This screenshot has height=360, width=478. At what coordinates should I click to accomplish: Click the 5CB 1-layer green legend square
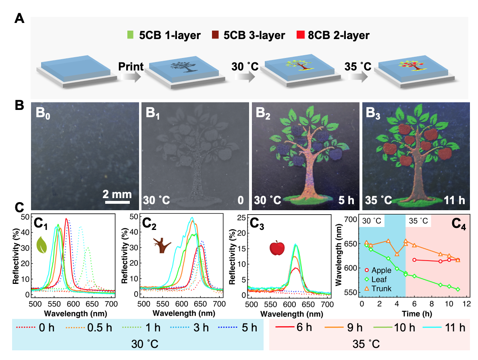(x=129, y=35)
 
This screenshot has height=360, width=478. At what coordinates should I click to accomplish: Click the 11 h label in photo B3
(x=452, y=200)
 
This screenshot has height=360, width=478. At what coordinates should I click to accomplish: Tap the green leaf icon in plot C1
(x=42, y=244)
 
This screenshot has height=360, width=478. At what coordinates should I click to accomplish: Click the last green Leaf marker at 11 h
(x=458, y=289)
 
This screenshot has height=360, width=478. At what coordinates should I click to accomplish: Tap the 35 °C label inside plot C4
(x=419, y=221)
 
